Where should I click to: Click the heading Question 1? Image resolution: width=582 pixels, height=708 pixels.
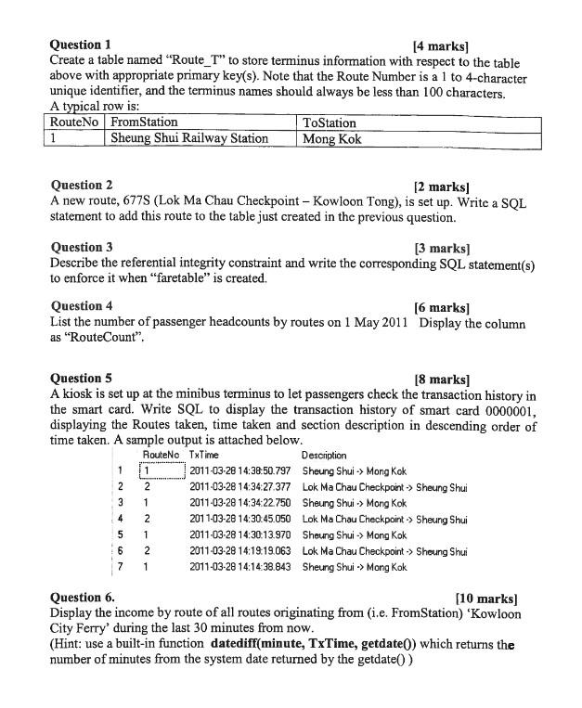pos(81,44)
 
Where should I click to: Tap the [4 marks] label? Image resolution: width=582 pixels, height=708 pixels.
pos(441,45)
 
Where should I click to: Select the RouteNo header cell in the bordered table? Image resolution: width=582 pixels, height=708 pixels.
pos(76,122)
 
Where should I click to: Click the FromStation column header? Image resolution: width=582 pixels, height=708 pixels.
pos(144,122)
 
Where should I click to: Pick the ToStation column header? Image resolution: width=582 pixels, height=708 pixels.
pos(329,122)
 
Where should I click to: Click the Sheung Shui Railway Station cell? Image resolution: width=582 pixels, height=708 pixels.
pos(189,139)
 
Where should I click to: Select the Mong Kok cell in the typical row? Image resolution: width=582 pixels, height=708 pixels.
pos(331,139)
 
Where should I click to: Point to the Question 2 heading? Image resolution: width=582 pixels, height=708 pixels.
pos(82,185)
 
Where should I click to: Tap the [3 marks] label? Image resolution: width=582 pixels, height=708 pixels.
pos(442,248)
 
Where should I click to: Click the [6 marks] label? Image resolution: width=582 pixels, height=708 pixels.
pos(442,307)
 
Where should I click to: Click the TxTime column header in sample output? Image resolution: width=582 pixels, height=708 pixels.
pos(203,455)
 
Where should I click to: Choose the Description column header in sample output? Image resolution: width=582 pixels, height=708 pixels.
pos(324,455)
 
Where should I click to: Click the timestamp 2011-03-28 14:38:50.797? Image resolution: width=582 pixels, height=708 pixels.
pos(240,471)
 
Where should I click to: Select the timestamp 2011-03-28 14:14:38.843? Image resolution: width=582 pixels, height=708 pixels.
pos(240,567)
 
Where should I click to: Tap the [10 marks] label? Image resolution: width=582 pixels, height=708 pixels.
pos(486,599)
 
